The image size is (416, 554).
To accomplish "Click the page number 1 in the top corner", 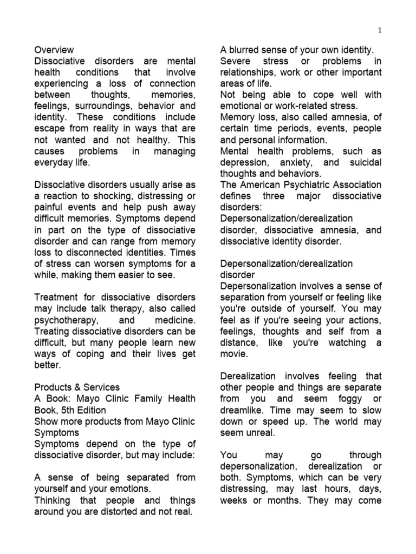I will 380,30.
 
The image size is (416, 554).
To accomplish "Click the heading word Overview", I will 54,50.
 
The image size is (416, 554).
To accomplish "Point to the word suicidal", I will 363,162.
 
